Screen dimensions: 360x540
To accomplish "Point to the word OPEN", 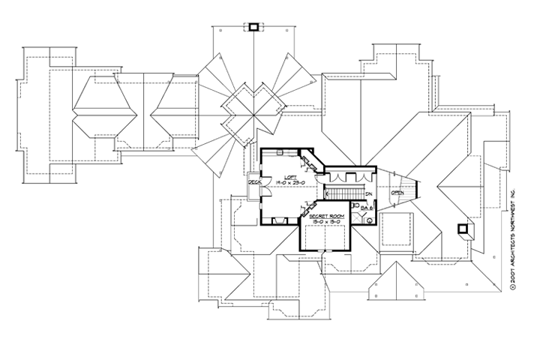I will [x=397, y=193].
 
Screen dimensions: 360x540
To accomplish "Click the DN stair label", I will [x=368, y=194].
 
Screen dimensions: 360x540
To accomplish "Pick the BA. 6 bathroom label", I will [x=366, y=206].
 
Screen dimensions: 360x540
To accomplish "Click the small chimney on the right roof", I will [x=464, y=229].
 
